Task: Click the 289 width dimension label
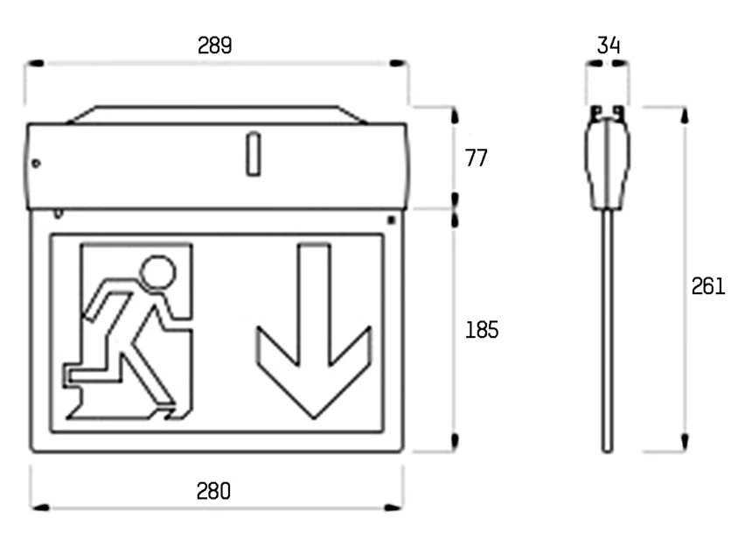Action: [x=214, y=46]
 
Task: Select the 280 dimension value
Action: [x=213, y=491]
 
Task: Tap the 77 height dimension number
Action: [x=477, y=158]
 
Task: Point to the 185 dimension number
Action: [x=482, y=330]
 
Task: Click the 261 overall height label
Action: [x=708, y=286]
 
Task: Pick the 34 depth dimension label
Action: [x=609, y=46]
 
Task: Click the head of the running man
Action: [x=158, y=272]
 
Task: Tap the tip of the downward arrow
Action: [x=314, y=418]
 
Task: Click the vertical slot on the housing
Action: [x=254, y=154]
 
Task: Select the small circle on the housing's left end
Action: [x=36, y=164]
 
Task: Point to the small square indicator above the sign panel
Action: [x=391, y=220]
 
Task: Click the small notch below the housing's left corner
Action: [x=58, y=214]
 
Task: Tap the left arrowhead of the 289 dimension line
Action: [x=35, y=63]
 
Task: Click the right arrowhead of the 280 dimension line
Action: [x=393, y=508]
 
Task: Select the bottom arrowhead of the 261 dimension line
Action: [x=685, y=443]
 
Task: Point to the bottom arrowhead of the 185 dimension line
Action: [x=455, y=442]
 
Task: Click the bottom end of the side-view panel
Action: [x=608, y=451]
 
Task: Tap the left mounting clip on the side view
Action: [x=596, y=113]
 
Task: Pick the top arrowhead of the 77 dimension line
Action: [x=455, y=116]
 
